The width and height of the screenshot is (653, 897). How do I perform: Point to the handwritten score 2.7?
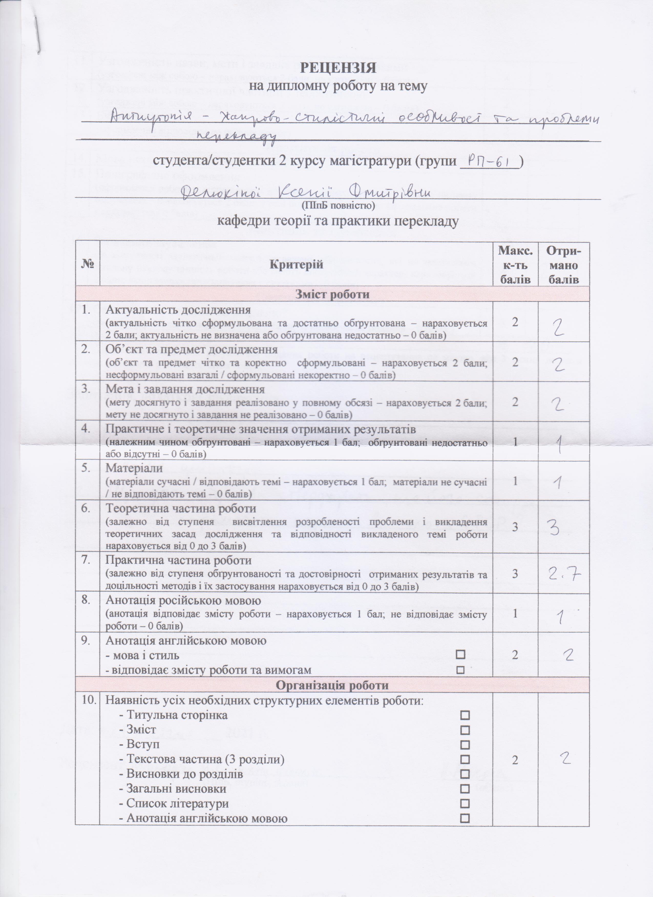[563, 574]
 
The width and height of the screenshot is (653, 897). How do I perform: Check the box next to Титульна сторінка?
[465, 715]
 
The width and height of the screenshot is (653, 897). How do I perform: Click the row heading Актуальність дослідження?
[178, 309]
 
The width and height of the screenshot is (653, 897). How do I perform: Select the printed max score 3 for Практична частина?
[515, 574]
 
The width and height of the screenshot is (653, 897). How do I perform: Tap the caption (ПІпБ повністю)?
[338, 206]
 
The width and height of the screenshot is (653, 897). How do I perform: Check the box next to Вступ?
[465, 745]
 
